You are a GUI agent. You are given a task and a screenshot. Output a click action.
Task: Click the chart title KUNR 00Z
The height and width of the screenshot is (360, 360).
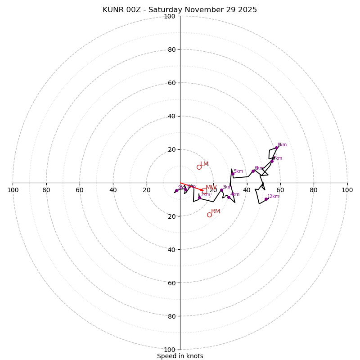(180, 10)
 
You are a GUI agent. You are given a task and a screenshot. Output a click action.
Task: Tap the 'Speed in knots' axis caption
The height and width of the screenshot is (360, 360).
(180, 356)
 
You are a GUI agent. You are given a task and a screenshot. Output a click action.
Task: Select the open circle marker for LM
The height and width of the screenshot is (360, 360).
(199, 167)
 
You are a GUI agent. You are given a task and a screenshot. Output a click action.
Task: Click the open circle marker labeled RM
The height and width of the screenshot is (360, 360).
(209, 215)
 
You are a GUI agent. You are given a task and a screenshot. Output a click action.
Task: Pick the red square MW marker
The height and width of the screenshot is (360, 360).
(204, 190)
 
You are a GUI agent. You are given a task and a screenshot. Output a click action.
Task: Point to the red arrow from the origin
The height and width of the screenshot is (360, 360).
(191, 187)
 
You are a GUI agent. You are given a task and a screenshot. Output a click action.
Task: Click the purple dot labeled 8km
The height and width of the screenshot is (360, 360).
(276, 148)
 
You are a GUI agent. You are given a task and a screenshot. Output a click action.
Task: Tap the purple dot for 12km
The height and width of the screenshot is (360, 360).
(266, 199)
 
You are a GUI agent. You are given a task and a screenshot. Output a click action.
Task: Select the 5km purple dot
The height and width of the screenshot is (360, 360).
(233, 174)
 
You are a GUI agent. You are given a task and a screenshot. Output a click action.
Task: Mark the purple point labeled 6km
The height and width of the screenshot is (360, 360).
(253, 171)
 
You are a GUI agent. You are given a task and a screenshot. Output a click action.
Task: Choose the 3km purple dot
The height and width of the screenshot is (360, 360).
(221, 190)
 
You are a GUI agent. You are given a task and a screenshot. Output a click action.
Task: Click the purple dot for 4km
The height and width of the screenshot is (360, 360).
(229, 197)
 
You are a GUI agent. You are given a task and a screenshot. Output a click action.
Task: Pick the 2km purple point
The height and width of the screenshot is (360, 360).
(199, 198)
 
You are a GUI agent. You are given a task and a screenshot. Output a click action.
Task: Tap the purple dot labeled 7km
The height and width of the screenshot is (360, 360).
(272, 161)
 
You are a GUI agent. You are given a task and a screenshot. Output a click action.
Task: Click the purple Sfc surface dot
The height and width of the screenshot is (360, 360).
(176, 191)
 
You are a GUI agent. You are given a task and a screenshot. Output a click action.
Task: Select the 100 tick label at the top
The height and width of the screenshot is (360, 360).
(170, 16)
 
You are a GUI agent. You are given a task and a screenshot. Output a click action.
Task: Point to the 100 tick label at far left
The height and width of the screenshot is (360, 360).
(13, 190)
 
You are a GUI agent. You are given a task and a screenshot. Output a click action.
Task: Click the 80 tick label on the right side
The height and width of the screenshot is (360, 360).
(314, 190)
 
